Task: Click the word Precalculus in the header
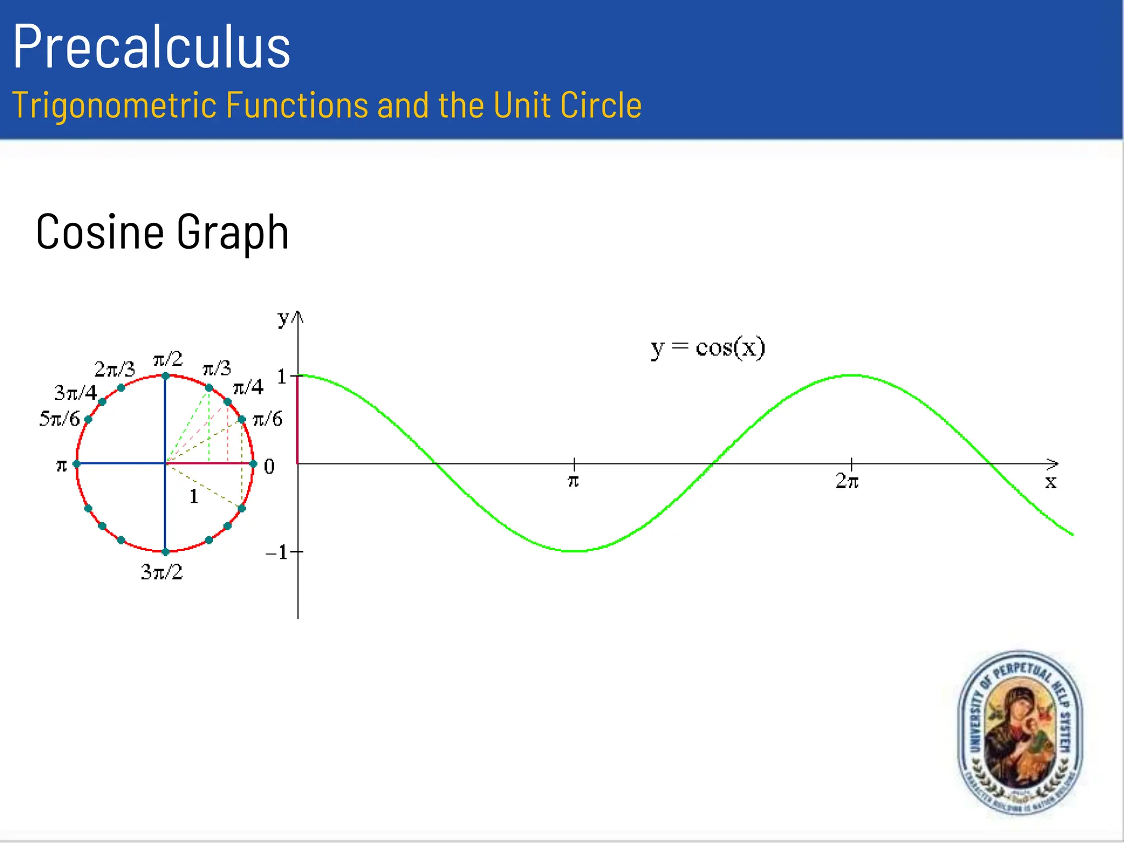[151, 47]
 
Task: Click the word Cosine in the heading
[99, 232]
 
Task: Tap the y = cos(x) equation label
[708, 348]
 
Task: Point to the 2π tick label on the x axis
[847, 481]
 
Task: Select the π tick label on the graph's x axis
[573, 481]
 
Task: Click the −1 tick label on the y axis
[278, 552]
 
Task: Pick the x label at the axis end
[1050, 482]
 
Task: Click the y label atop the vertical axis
[283, 318]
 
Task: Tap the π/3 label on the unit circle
[217, 368]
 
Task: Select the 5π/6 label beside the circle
[59, 419]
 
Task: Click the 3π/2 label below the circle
[161, 572]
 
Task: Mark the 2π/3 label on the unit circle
[114, 369]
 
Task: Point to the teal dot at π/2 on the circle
[165, 376]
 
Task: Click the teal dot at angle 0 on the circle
[253, 464]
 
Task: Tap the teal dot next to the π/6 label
[241, 420]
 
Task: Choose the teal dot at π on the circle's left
[77, 464]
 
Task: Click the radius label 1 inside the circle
[194, 497]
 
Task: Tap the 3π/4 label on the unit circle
[76, 393]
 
